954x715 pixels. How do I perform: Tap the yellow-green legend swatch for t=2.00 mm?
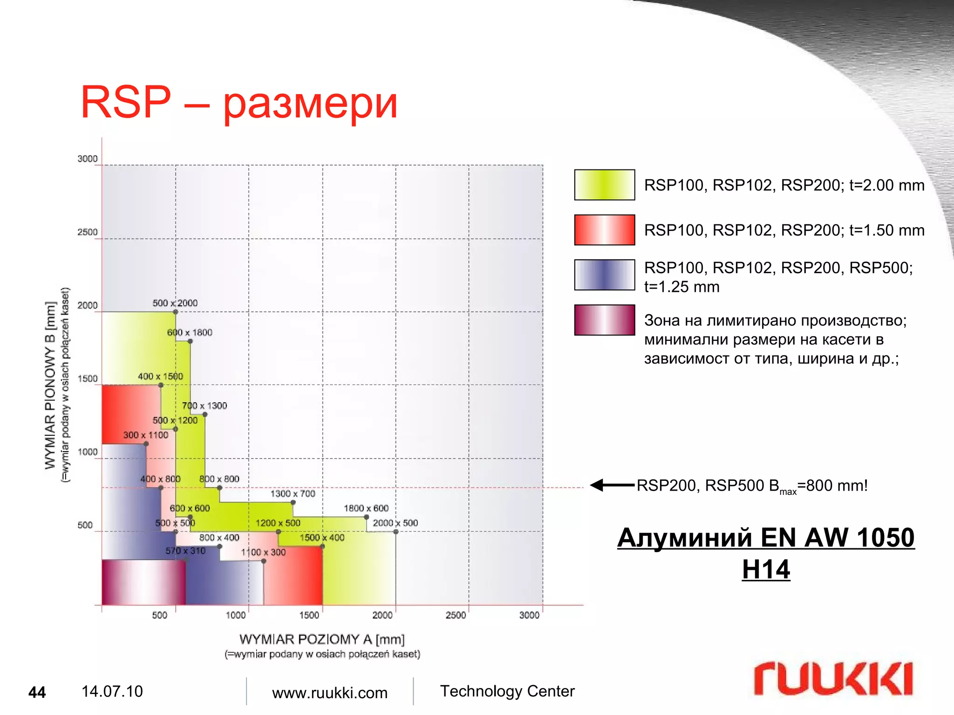(x=604, y=185)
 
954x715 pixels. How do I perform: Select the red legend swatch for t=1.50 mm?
(x=604, y=230)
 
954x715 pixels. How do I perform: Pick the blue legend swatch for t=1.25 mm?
(x=604, y=275)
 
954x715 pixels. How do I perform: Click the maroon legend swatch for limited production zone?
(x=604, y=320)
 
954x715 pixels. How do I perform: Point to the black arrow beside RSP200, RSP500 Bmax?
(x=612, y=485)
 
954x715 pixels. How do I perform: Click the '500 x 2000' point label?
(x=175, y=303)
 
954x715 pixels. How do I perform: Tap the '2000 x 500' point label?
(x=395, y=523)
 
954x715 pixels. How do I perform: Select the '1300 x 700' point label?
(x=293, y=493)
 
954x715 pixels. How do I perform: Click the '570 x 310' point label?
(x=185, y=551)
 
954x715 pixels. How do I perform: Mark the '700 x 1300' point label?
(x=204, y=406)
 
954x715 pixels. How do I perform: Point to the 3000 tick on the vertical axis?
(x=88, y=159)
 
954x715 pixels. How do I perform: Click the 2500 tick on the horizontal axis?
(x=456, y=615)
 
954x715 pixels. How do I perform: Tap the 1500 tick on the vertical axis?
(x=88, y=378)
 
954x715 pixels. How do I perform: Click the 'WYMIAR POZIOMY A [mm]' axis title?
(x=322, y=639)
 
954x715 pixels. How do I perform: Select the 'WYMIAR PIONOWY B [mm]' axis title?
(x=50, y=385)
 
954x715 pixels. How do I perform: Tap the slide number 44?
(x=37, y=692)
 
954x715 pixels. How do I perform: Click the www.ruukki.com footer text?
(x=329, y=693)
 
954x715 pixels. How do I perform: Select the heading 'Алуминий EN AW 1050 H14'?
(x=766, y=553)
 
